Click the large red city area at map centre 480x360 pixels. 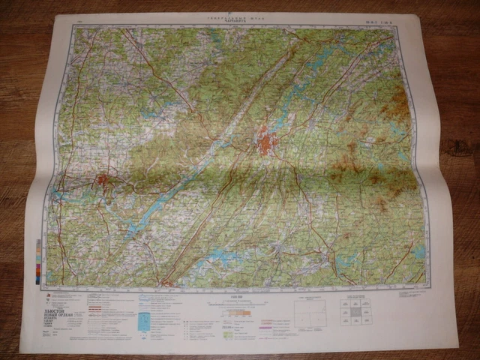[x=265, y=140]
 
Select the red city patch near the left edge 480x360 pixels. [x=103, y=180]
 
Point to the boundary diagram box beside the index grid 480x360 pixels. [x=310, y=313]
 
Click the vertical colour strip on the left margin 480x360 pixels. [x=37, y=261]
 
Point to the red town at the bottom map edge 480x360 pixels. [x=169, y=283]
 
